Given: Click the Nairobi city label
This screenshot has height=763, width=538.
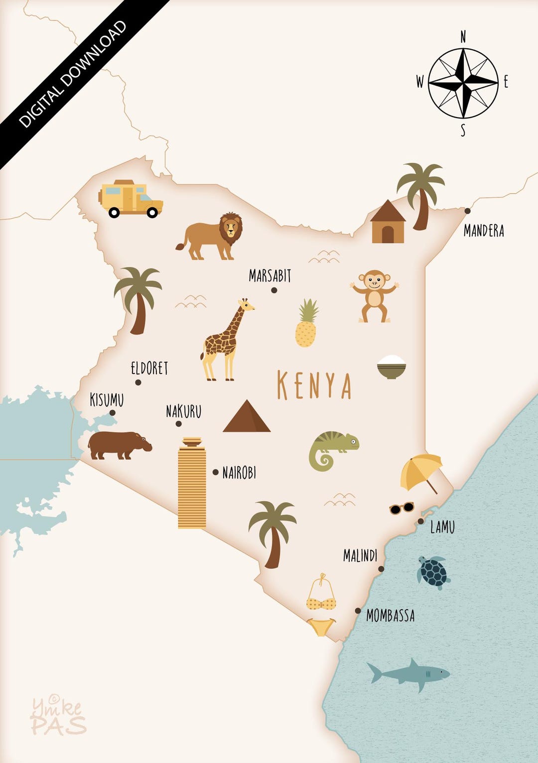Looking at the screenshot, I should coord(239,473).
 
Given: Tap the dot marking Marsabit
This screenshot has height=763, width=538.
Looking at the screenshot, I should coord(274,290).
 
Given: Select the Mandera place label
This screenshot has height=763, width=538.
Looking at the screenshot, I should coord(484,231).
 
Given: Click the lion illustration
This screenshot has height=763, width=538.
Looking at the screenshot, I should coord(213,237).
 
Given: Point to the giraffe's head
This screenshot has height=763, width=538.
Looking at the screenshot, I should coord(245,304).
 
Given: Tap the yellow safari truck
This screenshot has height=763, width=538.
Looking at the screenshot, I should coord(131,199).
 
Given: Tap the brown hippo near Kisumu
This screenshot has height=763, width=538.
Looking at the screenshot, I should coord(119,445).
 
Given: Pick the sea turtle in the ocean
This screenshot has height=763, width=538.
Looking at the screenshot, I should coord(433,572).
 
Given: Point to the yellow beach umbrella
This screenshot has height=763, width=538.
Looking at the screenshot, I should coord(421,471).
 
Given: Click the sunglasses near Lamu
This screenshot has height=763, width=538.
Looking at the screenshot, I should coord(402,508).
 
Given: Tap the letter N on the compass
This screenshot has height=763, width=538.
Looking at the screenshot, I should coord(463,37).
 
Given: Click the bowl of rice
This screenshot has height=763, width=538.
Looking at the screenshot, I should coord(392,367).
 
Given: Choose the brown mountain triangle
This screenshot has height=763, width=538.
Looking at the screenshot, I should coord(247,417).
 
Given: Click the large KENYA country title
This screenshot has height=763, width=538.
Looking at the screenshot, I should coord(314,385).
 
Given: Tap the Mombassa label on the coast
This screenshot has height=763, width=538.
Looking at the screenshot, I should coord(391,616).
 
